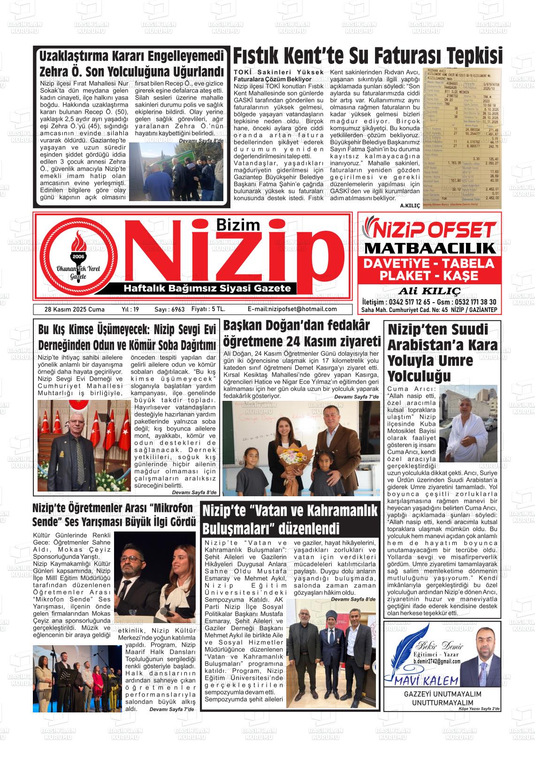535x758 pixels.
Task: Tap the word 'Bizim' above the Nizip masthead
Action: click(x=239, y=225)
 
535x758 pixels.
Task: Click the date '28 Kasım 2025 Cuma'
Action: click(x=74, y=309)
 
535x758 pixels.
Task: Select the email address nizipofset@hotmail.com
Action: click(x=292, y=309)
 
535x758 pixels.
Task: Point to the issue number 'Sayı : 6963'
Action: click(x=169, y=309)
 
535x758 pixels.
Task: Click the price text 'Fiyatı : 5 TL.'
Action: click(x=208, y=309)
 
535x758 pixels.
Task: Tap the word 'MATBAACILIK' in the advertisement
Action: click(x=429, y=248)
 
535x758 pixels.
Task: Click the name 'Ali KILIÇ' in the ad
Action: click(x=429, y=289)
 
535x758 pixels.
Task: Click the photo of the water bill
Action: click(x=462, y=137)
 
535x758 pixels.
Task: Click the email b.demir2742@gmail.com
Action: click(x=436, y=661)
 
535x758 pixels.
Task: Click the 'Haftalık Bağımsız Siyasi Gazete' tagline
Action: click(x=207, y=288)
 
